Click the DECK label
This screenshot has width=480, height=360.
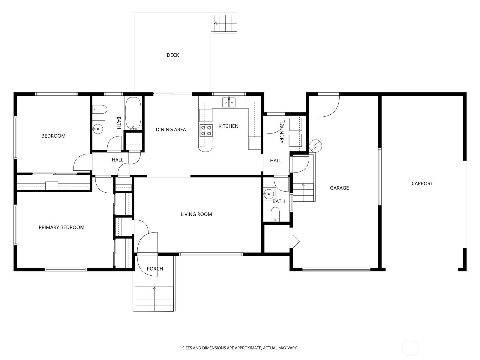[x=173, y=55]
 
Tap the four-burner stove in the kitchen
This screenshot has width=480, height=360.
[x=206, y=130]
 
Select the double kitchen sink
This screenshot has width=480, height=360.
[x=229, y=102]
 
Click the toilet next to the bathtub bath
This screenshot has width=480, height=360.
[x=100, y=109]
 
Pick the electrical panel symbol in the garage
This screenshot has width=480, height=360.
[x=316, y=146]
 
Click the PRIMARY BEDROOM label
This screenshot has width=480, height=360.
[x=61, y=227]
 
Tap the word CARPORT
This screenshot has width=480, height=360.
[x=422, y=184]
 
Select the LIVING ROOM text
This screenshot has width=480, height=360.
[x=196, y=214]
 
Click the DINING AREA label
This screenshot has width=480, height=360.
[x=171, y=130]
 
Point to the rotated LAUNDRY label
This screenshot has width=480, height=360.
[x=281, y=133]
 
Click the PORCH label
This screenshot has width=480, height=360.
[x=155, y=269]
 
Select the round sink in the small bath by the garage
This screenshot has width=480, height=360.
[x=268, y=194]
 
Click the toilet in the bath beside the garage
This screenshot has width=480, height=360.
[x=275, y=214]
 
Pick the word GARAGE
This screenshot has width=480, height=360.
[x=339, y=188]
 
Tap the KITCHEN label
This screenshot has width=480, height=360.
[x=228, y=126]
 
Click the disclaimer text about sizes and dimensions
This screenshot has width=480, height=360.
[x=240, y=348]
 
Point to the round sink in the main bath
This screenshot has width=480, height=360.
[x=97, y=129]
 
